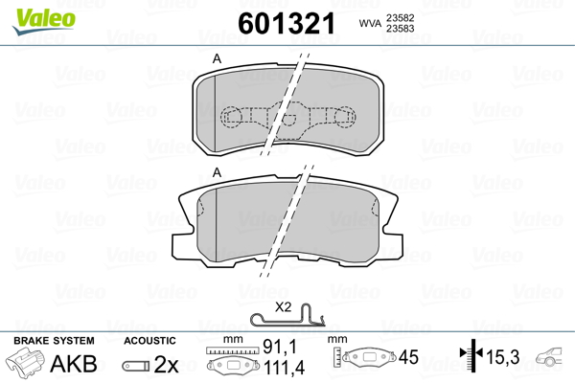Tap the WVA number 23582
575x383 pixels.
coord(406,17)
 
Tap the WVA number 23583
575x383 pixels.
coord(406,30)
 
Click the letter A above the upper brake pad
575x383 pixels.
coord(217,60)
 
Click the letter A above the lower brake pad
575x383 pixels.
coord(217,172)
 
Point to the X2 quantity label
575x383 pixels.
coord(284,307)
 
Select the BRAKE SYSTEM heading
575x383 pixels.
coord(53,341)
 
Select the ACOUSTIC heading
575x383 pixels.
coord(150,341)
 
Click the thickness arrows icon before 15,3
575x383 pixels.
coord(470,358)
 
